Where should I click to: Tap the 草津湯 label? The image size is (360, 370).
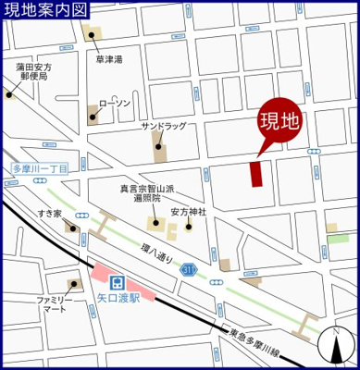[111, 58]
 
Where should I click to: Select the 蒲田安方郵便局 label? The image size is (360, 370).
[33, 72]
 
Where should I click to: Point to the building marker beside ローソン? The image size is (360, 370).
[93, 116]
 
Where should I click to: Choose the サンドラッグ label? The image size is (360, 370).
[162, 125]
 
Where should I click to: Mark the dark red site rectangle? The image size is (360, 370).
[256, 174]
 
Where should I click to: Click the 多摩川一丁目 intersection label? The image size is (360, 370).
[41, 169]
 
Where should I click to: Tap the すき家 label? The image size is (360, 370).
[49, 214]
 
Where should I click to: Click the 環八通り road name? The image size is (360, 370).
[157, 252]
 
